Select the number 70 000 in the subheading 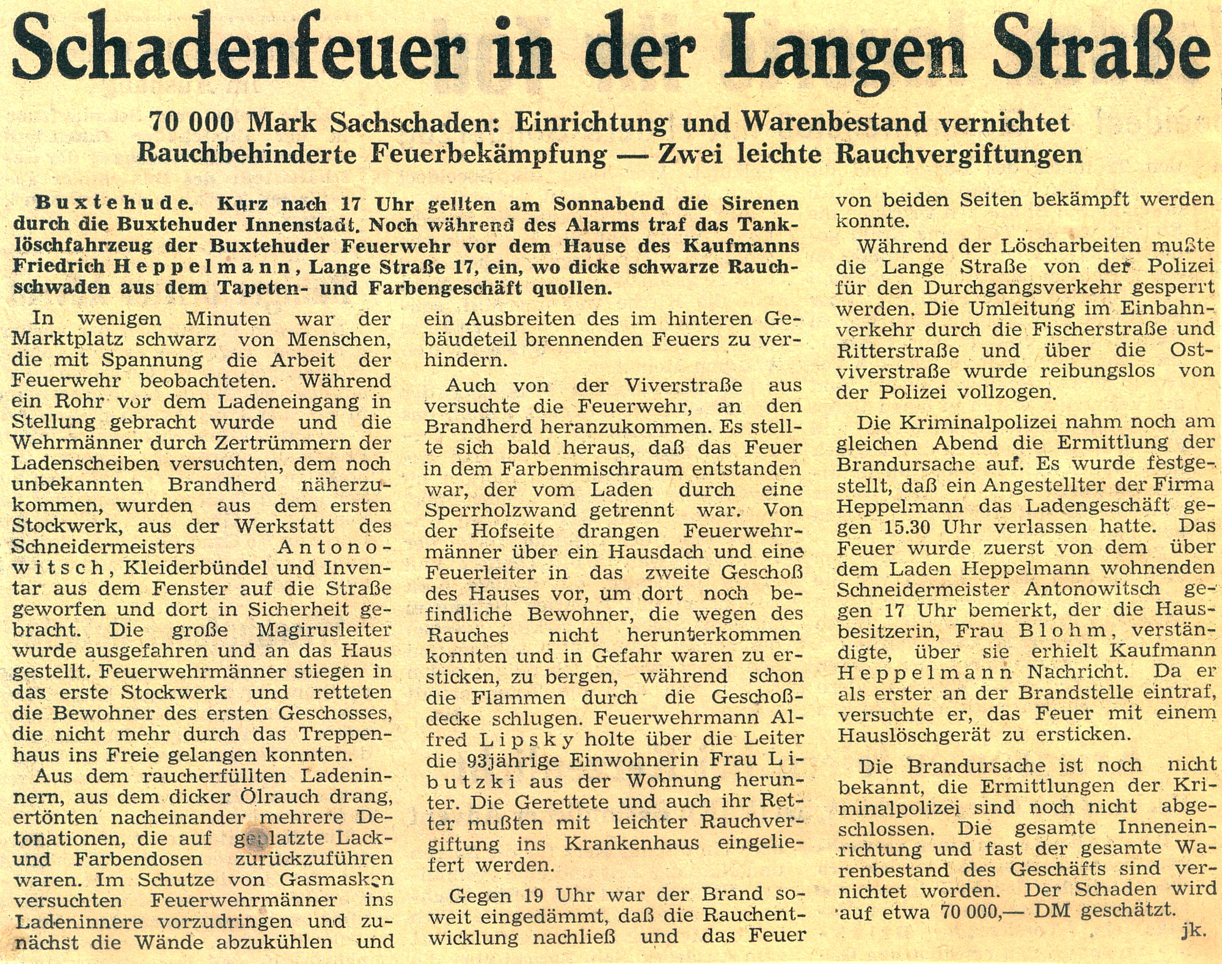coord(192,123)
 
